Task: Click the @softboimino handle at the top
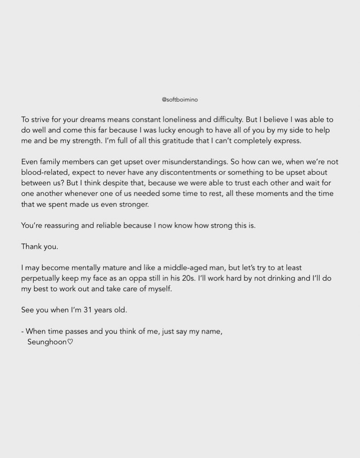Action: point(180,101)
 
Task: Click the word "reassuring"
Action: point(64,225)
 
